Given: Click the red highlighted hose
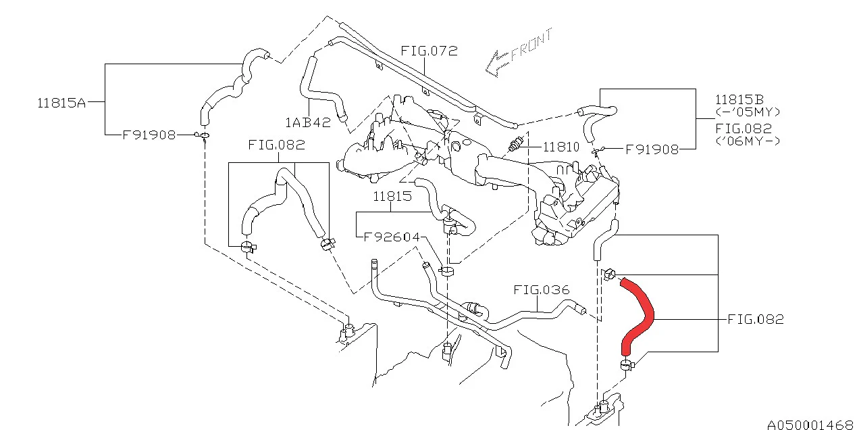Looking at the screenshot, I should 639,315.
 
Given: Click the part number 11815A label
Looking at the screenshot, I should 61,103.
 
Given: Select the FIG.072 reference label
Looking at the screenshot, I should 429,51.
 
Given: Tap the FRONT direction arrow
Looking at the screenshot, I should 499,62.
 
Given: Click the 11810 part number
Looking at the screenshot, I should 561,146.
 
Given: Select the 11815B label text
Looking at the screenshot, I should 739,99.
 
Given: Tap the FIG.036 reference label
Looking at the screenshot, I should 541,290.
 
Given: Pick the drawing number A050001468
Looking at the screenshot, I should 810,424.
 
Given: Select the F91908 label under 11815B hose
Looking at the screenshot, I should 652,149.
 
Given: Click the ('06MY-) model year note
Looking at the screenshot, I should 748,141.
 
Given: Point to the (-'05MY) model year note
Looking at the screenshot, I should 748,112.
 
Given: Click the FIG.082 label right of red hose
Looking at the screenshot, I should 756,319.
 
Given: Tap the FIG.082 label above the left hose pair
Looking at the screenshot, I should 276,145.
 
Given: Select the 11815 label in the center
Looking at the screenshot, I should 392,196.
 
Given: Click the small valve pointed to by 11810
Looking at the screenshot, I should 517,143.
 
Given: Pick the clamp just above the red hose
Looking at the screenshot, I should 610,274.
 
